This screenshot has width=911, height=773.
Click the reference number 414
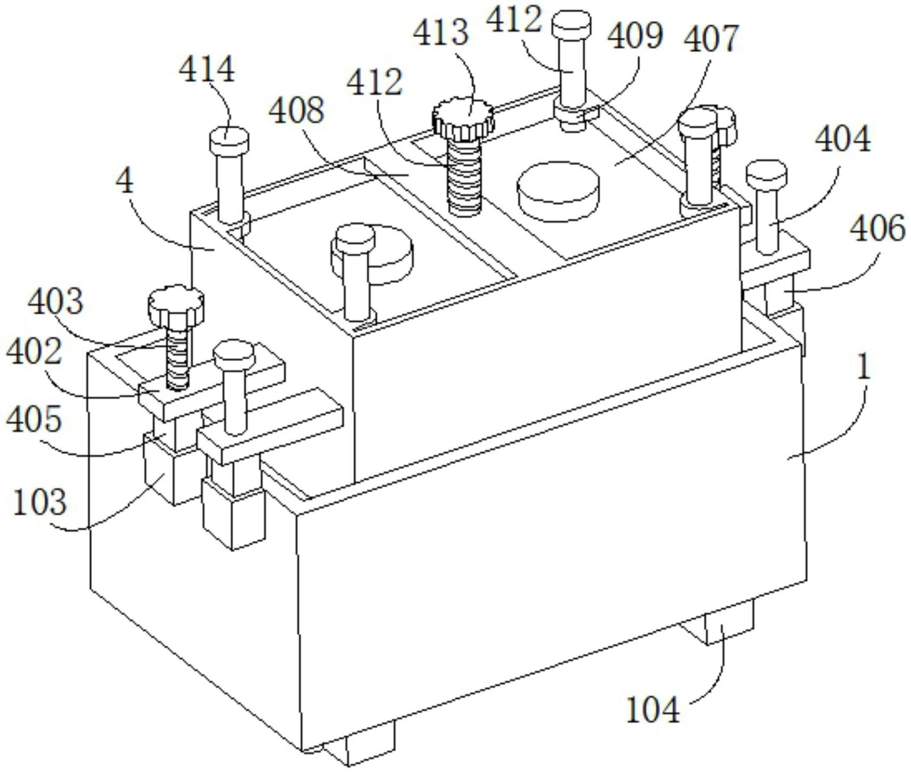[x=207, y=70]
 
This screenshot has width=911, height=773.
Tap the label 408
[x=296, y=111]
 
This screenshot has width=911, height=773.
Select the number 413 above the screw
[x=441, y=32]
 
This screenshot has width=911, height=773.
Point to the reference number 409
[x=635, y=35]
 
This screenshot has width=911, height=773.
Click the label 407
[x=711, y=38]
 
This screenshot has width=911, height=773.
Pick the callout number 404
[x=843, y=139]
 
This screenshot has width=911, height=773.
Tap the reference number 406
[x=878, y=229]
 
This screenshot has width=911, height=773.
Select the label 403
[x=56, y=302]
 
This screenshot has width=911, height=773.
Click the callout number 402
[x=35, y=351]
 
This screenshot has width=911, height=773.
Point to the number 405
[x=35, y=419]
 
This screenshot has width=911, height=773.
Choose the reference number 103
[x=40, y=501]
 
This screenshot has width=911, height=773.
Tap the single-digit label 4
[x=125, y=182]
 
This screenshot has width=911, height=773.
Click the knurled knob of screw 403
[x=176, y=306]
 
